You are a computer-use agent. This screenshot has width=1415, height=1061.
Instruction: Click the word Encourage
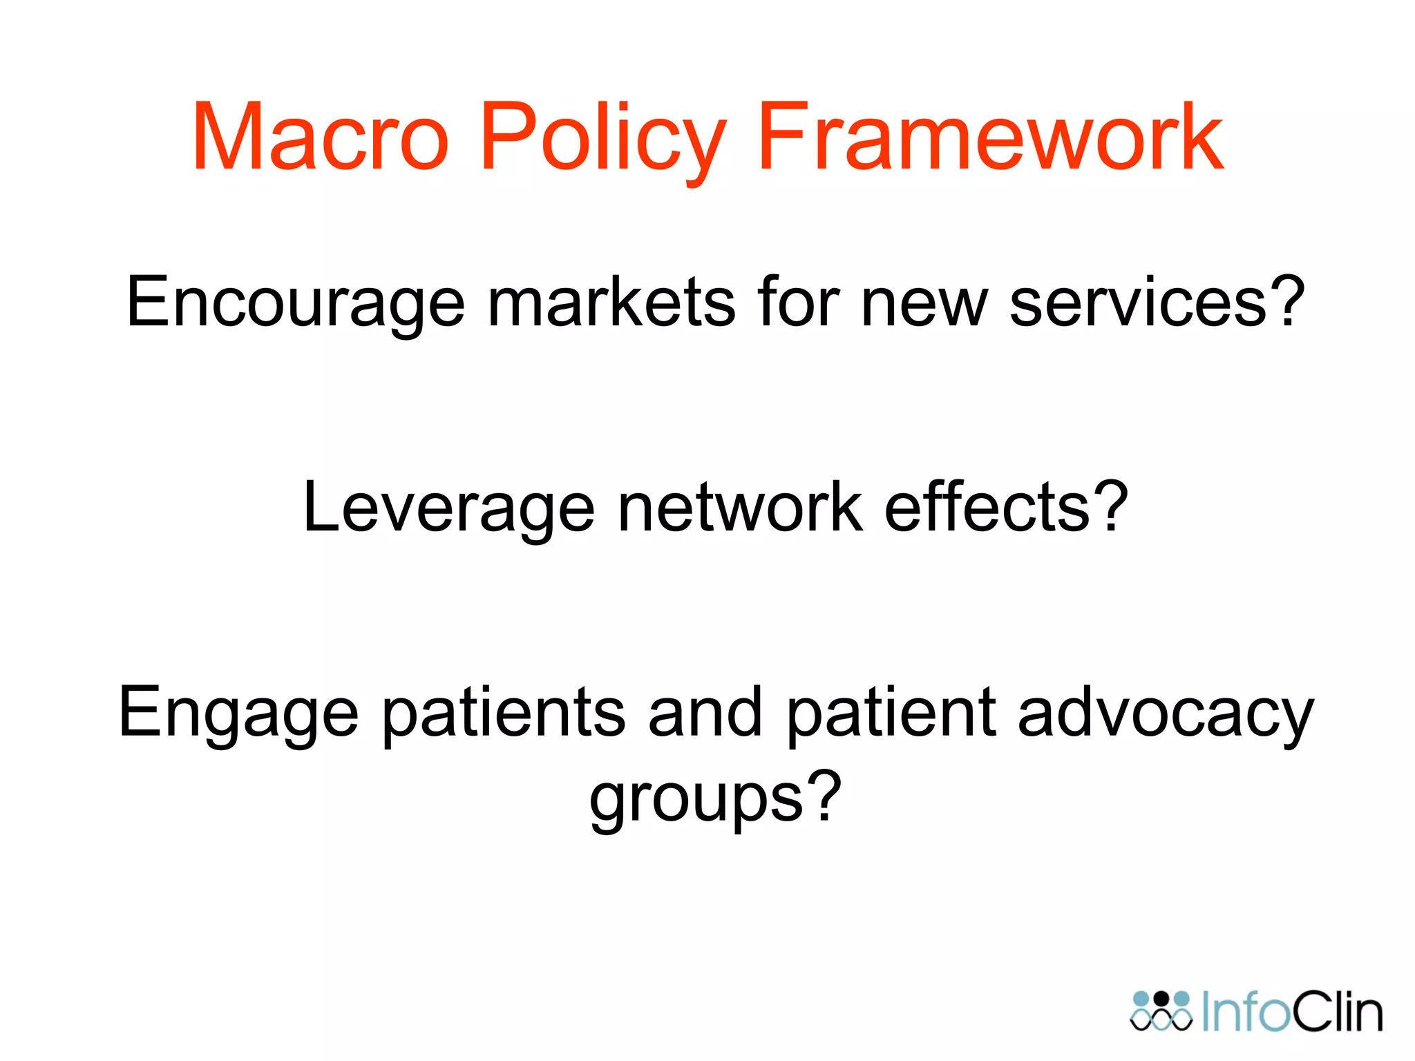coord(296,302)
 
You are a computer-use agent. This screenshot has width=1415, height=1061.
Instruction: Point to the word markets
coord(611,302)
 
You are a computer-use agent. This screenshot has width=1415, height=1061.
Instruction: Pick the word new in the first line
coord(924,302)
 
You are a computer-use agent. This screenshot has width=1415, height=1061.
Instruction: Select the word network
coord(740,508)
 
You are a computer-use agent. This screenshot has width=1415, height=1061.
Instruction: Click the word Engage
coord(238,714)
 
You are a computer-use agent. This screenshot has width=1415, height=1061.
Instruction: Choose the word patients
coord(504,714)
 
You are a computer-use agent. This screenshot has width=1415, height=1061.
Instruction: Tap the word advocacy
coord(1166,714)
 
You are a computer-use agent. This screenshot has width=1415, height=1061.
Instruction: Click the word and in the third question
coord(705,714)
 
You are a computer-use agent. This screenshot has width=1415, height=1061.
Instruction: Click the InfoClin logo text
coord(1292,1013)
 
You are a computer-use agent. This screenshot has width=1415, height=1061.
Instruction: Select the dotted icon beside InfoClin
coord(1161,1011)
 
